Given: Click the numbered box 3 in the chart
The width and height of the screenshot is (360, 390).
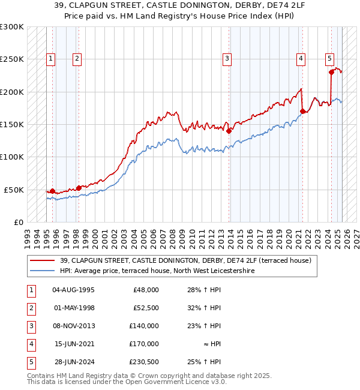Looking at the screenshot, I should click(x=227, y=59).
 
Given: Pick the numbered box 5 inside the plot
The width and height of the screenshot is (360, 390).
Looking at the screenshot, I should click(x=330, y=59).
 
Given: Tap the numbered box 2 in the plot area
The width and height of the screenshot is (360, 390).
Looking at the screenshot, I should click(x=78, y=59).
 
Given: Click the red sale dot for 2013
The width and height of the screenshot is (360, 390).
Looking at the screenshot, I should click(x=229, y=131).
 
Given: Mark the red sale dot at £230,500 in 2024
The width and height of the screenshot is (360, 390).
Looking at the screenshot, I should click(x=331, y=72).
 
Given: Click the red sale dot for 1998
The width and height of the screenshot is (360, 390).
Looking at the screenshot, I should click(x=79, y=188).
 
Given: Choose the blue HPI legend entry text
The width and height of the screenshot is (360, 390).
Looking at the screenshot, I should click(x=157, y=271).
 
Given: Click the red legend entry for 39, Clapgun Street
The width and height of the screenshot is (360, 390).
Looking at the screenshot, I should click(x=185, y=260).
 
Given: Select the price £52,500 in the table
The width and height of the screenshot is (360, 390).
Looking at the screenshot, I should click(x=146, y=308).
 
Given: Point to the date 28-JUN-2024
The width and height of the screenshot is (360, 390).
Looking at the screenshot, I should click(x=73, y=362).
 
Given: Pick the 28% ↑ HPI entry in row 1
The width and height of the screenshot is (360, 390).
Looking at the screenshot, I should click(x=204, y=290).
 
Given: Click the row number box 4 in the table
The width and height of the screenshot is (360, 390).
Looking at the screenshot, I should click(x=31, y=344).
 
